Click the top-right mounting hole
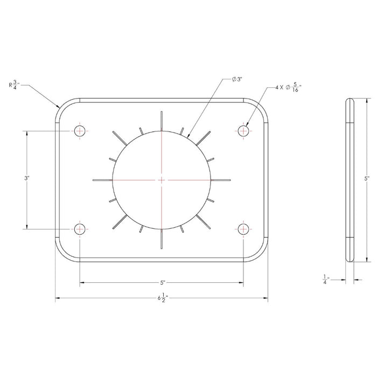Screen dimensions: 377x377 (244, 130)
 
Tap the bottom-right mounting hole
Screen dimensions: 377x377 (244, 228)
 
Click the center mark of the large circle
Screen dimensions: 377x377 (162, 179)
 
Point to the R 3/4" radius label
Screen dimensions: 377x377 (16, 85)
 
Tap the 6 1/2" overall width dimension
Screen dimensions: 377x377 (161, 297)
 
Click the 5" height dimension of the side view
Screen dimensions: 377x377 (367, 179)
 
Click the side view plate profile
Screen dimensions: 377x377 (350, 179)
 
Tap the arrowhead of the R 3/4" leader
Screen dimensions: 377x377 (58, 108)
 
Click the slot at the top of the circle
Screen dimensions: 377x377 (161, 120)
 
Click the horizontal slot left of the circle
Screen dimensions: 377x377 (102, 179)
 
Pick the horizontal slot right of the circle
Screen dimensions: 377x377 (221, 179)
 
